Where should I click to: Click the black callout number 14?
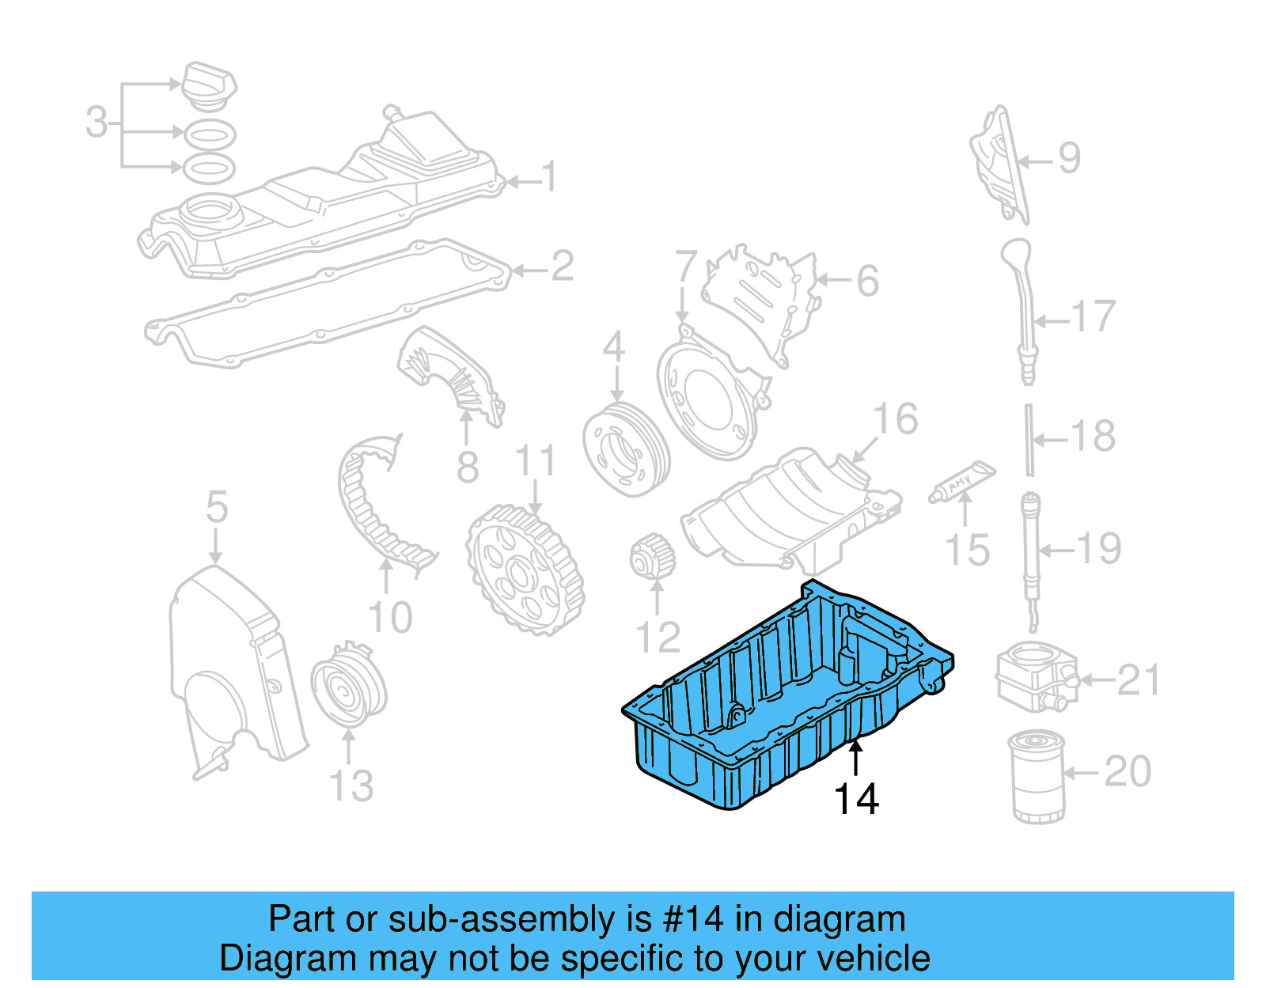[856, 800]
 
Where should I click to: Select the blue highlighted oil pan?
[783, 696]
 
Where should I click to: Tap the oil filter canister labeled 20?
[1037, 778]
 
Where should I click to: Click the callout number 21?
[1138, 680]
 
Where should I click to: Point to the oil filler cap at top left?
[210, 85]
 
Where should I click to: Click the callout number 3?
[97, 123]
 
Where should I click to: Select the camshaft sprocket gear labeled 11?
[525, 570]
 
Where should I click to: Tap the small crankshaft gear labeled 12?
[653, 557]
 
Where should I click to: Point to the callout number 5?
[217, 507]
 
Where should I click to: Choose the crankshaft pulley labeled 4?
[625, 449]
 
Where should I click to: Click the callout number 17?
[1094, 316]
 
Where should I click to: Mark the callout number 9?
[1069, 158]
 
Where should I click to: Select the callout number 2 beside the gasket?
[562, 267]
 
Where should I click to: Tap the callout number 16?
[895, 419]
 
